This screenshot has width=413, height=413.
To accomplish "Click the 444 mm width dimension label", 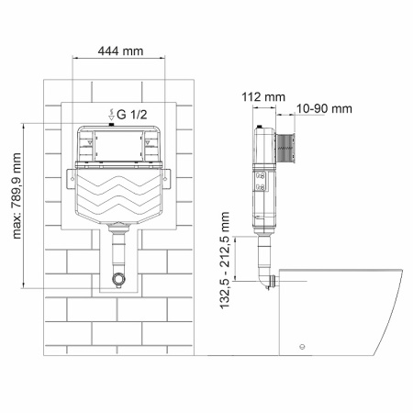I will click(x=120, y=51).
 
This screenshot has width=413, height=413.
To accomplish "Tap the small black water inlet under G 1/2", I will click(x=111, y=125).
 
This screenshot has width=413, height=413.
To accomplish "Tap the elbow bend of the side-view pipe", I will click(x=266, y=279).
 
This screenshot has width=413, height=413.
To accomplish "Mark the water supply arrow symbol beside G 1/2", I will click(x=111, y=114).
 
